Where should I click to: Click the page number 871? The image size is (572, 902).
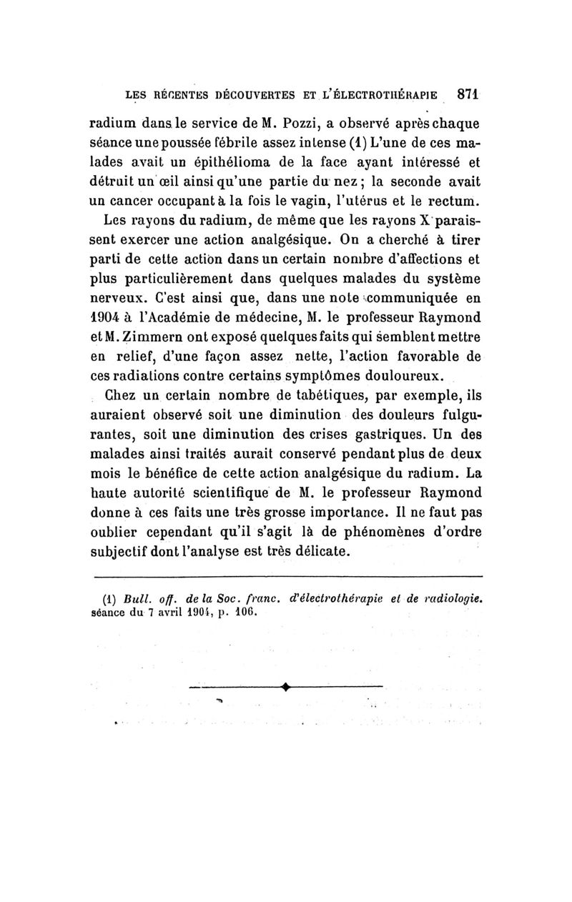pyautogui.click(x=468, y=93)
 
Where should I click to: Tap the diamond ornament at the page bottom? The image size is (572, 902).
pyautogui.click(x=285, y=688)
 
